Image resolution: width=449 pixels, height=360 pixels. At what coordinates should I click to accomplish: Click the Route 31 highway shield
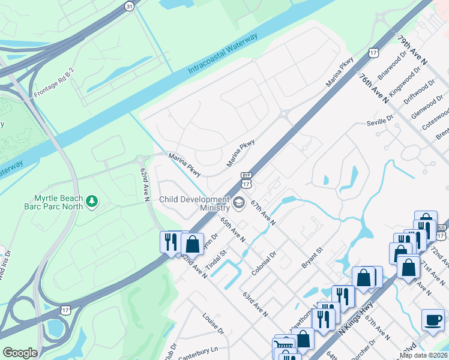coord(129,5)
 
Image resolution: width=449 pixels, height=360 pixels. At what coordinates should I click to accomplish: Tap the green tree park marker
coord(92,200)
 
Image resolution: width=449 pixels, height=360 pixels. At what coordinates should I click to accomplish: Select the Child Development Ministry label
coord(194,203)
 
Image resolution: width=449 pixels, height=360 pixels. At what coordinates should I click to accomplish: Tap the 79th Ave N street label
coord(412,50)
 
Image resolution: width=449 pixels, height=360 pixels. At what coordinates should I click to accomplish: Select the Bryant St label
coord(312,257)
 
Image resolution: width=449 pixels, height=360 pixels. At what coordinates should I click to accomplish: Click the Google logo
coord(20,352)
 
